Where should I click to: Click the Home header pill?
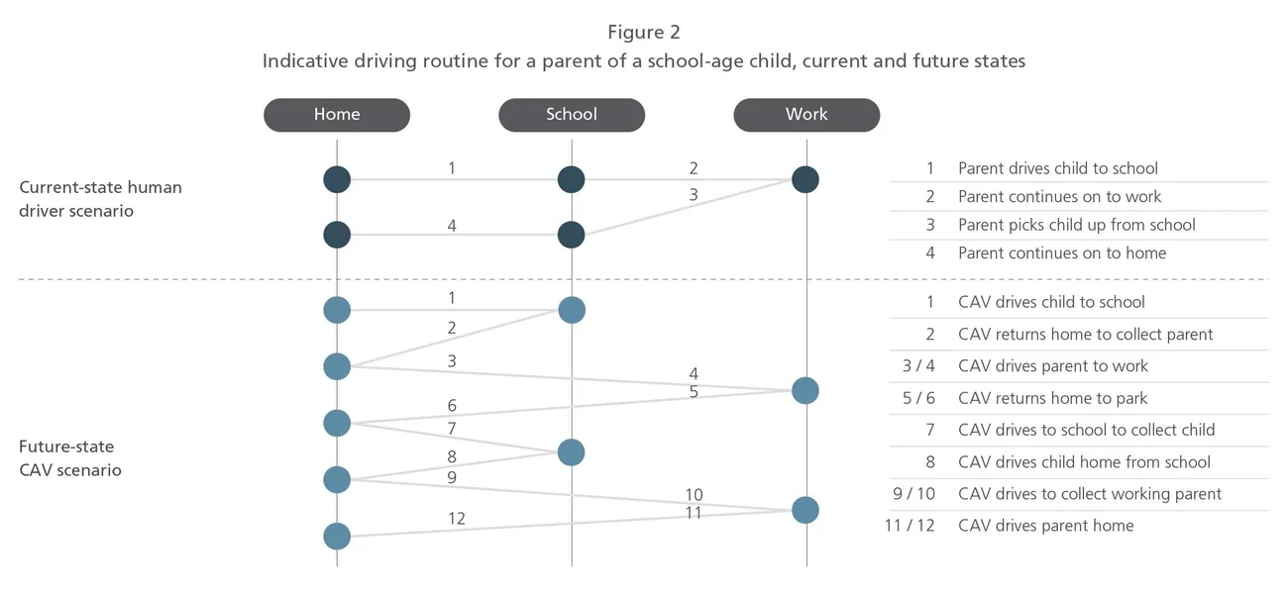(337, 115)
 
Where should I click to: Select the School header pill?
(572, 115)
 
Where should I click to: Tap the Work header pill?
(806, 115)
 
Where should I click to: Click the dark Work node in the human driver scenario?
(805, 179)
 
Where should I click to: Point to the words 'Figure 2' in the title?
(643, 34)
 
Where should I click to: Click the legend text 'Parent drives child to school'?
(1057, 168)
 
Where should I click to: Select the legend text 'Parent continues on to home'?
(1062, 252)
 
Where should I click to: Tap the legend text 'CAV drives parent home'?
(1045, 526)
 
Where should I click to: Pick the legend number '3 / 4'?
(917, 366)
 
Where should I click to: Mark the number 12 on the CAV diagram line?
(456, 518)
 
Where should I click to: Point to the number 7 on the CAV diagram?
(452, 429)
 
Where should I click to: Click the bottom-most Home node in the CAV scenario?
(337, 537)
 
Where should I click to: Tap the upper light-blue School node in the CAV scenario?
(572, 310)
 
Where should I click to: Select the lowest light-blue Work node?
(805, 510)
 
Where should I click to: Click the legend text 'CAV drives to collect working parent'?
(1090, 494)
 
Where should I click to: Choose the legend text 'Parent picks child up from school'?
(1076, 225)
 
